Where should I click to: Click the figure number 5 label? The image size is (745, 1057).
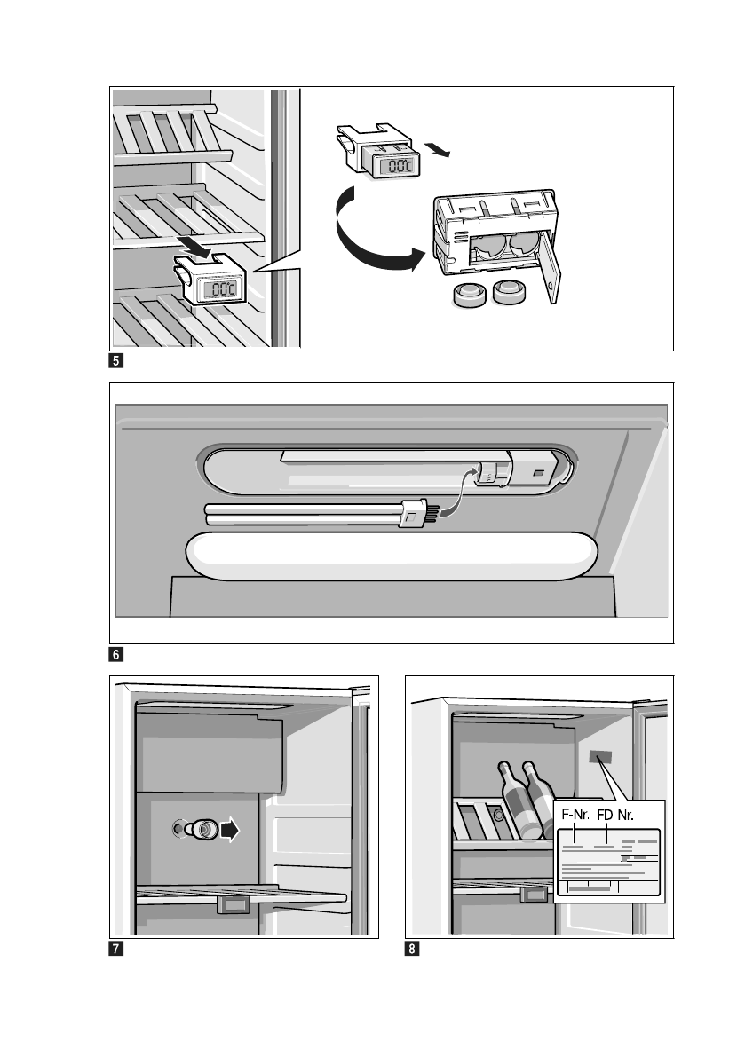click(x=116, y=361)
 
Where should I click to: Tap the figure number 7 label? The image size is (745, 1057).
click(x=116, y=949)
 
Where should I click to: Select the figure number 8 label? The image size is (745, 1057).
click(x=412, y=949)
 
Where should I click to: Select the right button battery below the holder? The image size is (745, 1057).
click(x=510, y=293)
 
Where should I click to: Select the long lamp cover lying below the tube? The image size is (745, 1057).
click(x=389, y=556)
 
